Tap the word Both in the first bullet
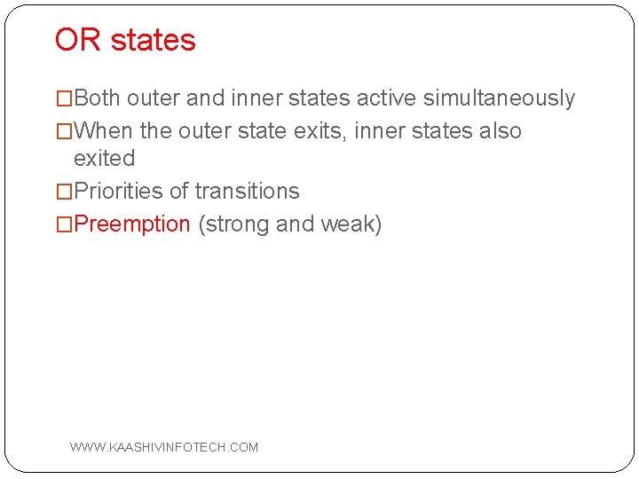point(98,98)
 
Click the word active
point(392,98)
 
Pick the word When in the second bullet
point(104,131)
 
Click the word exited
point(104,159)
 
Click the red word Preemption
point(132,224)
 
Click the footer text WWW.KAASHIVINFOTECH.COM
point(164,447)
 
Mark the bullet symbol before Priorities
point(64,192)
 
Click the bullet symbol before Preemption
point(64,224)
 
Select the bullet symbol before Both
point(64,98)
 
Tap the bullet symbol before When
point(64,131)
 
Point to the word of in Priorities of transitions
point(177,192)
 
